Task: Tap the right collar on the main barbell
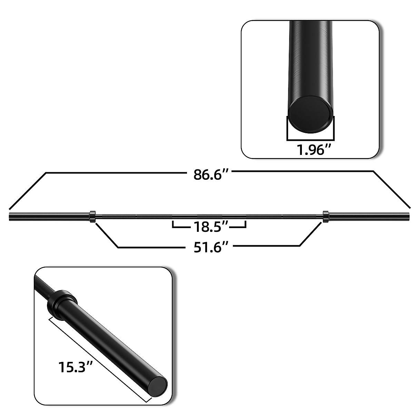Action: (x=325, y=217)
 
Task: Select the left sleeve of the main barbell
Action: (x=48, y=217)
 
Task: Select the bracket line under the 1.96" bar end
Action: (x=310, y=140)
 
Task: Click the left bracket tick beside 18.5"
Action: (x=173, y=225)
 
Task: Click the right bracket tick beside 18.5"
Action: (x=245, y=225)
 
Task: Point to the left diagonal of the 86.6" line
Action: (x=28, y=190)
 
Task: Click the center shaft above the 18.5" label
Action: (x=209, y=217)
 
